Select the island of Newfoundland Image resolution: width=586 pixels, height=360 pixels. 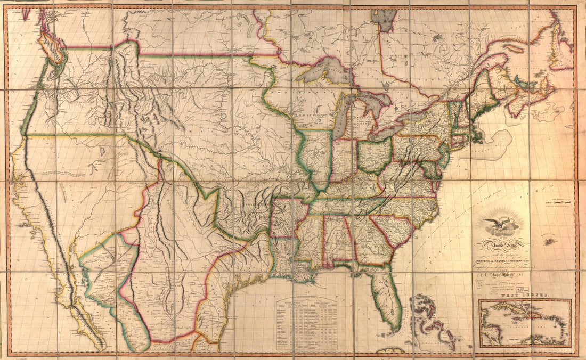click(559, 51)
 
